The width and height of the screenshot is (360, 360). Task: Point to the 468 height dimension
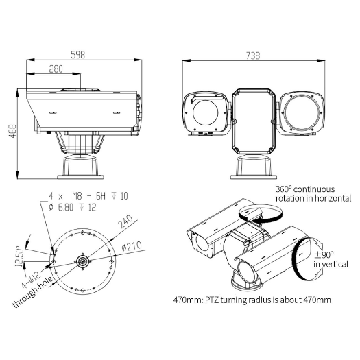coord(12,130)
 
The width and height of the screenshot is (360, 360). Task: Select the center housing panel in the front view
coord(254,121)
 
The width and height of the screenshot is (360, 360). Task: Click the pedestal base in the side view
coord(82,165)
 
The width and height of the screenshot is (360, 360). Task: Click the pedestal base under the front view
coord(254,167)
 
